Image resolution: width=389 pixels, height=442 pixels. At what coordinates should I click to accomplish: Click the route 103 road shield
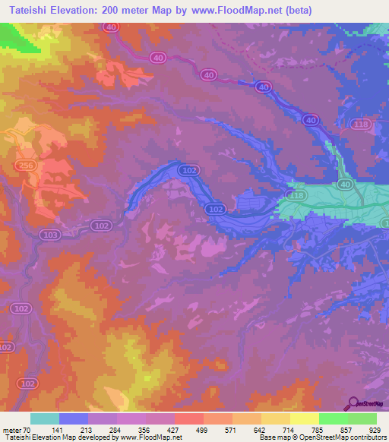[x=50, y=235]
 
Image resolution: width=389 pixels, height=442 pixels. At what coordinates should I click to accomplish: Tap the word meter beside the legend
[x=12, y=431]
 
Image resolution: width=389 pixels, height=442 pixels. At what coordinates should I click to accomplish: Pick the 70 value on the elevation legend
[x=30, y=431]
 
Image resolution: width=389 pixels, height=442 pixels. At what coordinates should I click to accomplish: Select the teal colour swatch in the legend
[x=45, y=418]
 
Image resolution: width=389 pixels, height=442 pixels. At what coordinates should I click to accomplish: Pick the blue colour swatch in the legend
[x=74, y=418]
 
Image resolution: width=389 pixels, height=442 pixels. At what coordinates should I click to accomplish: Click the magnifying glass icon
[x=353, y=403]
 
